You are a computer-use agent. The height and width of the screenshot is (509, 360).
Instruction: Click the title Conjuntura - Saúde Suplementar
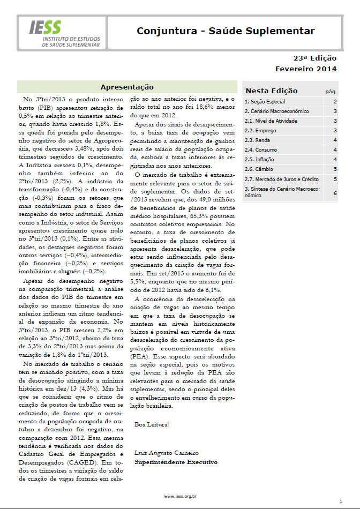tap(226, 31)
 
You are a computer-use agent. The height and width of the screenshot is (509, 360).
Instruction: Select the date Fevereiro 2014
tap(306, 69)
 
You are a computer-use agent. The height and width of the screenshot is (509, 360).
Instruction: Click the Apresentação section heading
tap(127, 87)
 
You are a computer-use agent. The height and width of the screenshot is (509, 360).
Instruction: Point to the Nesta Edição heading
tap(272, 91)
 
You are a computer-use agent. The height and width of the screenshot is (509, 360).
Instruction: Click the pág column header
tap(331, 92)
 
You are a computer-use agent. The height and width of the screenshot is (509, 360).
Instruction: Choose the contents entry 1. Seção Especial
tap(265, 101)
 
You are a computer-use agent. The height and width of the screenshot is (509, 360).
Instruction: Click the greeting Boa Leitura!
tap(152, 425)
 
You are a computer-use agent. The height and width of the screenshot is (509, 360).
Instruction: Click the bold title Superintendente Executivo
tap(176, 461)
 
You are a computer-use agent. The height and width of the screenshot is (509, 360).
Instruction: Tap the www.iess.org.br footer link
tap(180, 497)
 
